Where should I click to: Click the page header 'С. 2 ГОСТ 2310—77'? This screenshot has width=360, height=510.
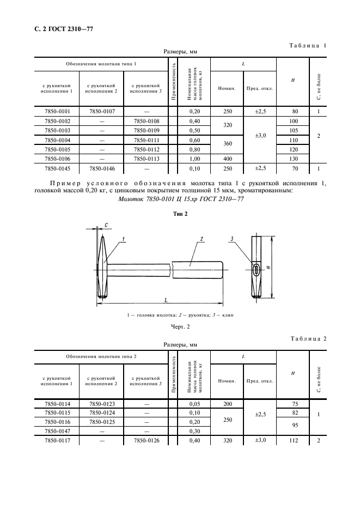click(x=60, y=29)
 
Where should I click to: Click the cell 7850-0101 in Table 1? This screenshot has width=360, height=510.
click(x=57, y=112)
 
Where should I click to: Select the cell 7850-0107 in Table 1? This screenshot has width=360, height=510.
click(x=102, y=112)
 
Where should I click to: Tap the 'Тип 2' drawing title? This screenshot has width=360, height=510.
click(x=180, y=214)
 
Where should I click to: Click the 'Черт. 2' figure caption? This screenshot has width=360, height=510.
click(x=180, y=327)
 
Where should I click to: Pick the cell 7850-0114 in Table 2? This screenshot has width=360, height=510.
click(x=57, y=404)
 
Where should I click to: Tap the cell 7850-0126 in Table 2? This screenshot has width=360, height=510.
click(x=147, y=441)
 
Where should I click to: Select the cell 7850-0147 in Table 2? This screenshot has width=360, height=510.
click(x=57, y=431)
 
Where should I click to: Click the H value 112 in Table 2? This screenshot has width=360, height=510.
click(x=294, y=441)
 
